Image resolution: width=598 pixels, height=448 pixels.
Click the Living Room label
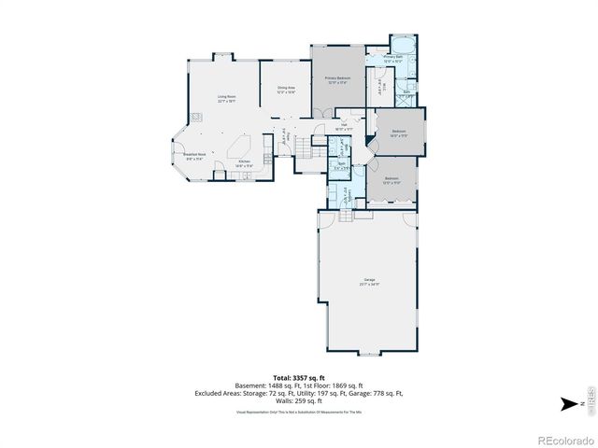[x=226, y=98]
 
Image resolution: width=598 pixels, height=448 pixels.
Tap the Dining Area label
[x=285, y=90]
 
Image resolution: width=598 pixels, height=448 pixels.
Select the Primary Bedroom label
[x=335, y=80]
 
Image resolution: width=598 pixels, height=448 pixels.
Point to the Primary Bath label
[x=393, y=60]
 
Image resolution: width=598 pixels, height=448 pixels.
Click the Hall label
[x=344, y=127]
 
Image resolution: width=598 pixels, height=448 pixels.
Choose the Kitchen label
[x=244, y=163]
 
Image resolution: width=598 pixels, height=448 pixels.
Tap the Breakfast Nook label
[x=193, y=157]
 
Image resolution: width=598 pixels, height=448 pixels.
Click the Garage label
[x=370, y=282]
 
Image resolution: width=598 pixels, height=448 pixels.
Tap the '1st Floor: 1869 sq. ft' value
[x=330, y=385]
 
